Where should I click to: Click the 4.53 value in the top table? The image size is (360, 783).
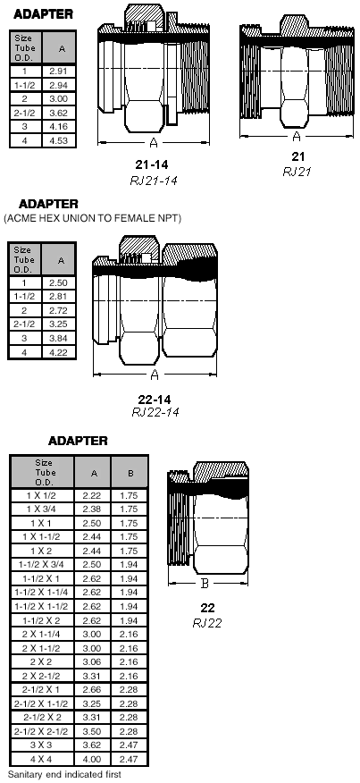tap(58, 141)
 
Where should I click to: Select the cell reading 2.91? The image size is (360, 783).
tap(58, 71)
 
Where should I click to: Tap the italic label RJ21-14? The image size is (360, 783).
tap(154, 181)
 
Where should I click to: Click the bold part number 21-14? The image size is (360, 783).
tap(152, 164)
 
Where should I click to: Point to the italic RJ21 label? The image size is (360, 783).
tap(297, 172)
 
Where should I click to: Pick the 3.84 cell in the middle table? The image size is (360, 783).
tap(58, 338)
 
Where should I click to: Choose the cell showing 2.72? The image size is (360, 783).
tap(58, 310)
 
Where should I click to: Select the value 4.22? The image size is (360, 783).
tap(58, 352)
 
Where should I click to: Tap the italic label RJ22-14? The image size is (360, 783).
tap(155, 412)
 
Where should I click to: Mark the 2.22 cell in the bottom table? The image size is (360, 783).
tap(94, 495)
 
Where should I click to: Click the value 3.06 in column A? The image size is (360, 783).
tap(94, 662)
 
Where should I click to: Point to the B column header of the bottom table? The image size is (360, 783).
tap(130, 473)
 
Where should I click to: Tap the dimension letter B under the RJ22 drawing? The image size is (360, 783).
tap(205, 584)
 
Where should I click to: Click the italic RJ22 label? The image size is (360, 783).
tap(206, 623)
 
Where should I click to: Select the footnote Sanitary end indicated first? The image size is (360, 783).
tap(64, 775)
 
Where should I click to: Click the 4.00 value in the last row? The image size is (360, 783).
tap(94, 760)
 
